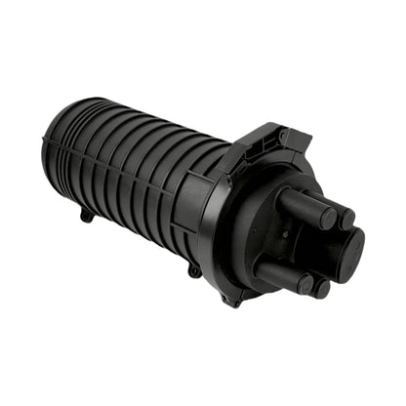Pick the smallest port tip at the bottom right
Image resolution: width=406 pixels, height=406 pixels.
(x=322, y=288)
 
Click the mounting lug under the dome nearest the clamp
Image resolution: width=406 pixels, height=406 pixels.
(x=195, y=269)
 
